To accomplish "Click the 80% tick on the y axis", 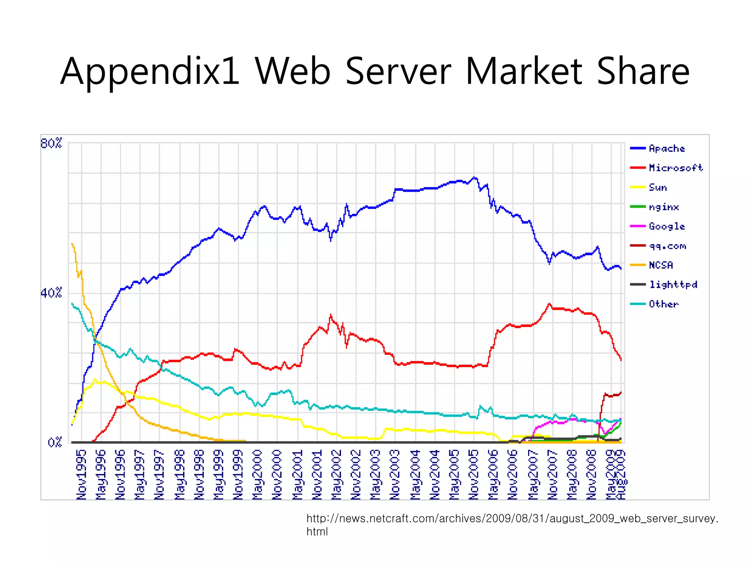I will point(51,143).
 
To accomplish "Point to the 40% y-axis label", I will point(51,293).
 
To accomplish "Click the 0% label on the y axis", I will point(55,443).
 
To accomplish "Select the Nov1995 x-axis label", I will point(81,475).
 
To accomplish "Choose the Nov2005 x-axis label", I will point(474,475).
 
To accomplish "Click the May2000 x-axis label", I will point(257,475).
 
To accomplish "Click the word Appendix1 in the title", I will point(150,71).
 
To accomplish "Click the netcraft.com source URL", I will point(512,519).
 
